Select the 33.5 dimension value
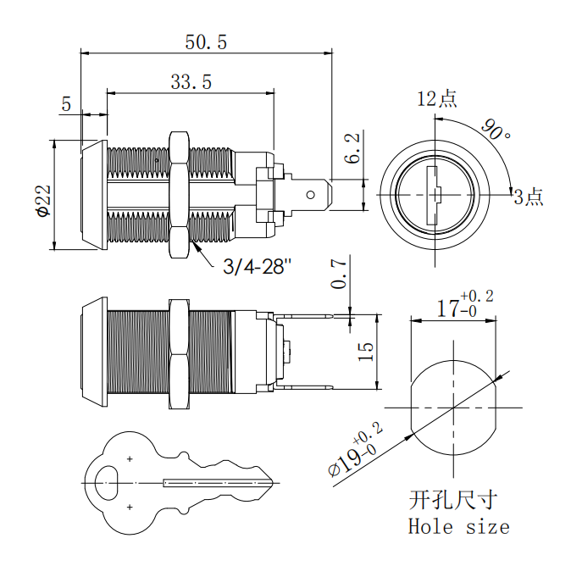[x=191, y=81]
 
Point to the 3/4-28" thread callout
[x=257, y=267]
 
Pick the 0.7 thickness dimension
[x=340, y=273]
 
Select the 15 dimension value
[x=364, y=352]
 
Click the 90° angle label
[x=496, y=130]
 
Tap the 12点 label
[x=437, y=98]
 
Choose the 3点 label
[x=528, y=198]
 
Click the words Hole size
[x=458, y=526]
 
